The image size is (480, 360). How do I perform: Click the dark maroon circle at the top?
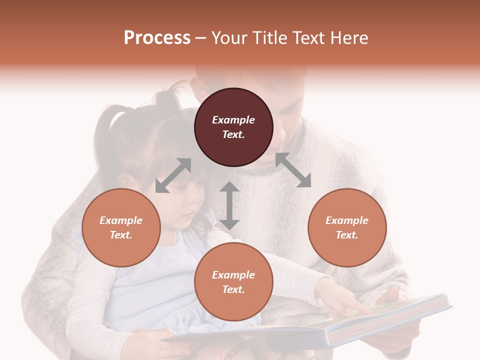233,127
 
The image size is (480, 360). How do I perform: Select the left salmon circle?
121,227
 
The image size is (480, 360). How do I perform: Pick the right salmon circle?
347,227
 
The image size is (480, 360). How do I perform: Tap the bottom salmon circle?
233,282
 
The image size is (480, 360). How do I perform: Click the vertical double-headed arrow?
229,205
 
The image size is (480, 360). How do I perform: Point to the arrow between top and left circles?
173,175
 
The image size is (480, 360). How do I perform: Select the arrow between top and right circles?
293,170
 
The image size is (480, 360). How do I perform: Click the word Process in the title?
157,38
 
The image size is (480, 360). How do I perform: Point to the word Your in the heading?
227,38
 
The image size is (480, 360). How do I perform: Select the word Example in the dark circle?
233,120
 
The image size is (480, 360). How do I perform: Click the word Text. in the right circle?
347,235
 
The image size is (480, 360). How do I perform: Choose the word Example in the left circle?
121,220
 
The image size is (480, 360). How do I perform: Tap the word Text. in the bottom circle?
233,289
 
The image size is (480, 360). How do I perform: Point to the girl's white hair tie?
116,118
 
